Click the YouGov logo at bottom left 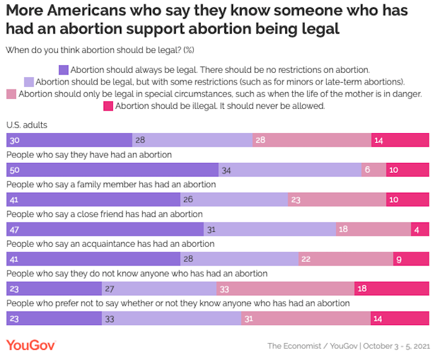click(32, 344)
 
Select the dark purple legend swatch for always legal click(63, 70)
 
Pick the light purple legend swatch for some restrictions click(29, 82)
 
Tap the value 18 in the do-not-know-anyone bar click(362, 289)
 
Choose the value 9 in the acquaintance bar click(400, 259)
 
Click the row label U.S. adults click(27, 125)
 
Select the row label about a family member click(111, 185)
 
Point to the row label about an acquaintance click(110, 244)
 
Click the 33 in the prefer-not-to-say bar click(111, 319)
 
